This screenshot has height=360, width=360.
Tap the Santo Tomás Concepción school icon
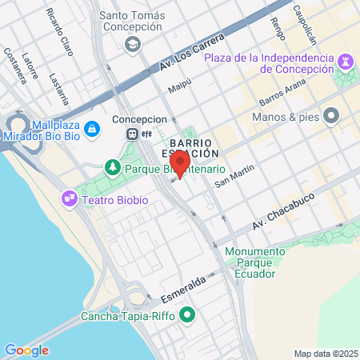point(131,45)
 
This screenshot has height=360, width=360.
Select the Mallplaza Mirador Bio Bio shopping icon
point(94,127)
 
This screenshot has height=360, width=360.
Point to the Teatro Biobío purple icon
point(70,198)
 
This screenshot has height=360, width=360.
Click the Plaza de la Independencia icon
point(346,60)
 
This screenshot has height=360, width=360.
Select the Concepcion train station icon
point(134,134)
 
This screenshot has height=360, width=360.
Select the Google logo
point(26,350)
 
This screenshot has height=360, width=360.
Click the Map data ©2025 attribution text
point(324,354)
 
